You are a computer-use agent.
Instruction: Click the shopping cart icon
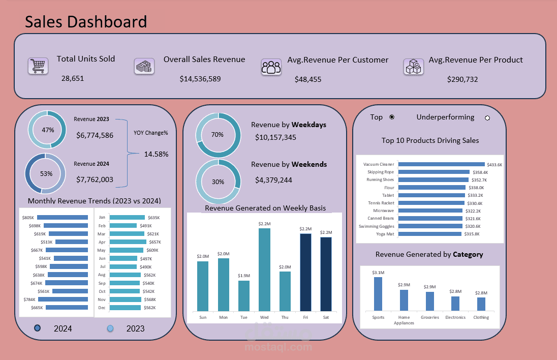pyautogui.click(x=38, y=66)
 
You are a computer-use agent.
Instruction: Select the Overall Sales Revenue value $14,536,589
pyautogui.click(x=200, y=79)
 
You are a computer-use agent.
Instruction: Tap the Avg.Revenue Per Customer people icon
pyautogui.click(x=271, y=67)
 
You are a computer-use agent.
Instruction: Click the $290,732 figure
pyautogui.click(x=462, y=79)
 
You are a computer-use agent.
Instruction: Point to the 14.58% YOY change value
pyautogui.click(x=156, y=154)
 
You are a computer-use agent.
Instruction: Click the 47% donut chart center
pyautogui.click(x=47, y=130)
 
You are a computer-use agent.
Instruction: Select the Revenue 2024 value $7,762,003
pyautogui.click(x=95, y=179)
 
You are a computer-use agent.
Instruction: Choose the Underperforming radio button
pyautogui.click(x=487, y=118)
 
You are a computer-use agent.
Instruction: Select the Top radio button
pyautogui.click(x=391, y=117)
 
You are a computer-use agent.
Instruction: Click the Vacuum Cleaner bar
pyautogui.click(x=441, y=164)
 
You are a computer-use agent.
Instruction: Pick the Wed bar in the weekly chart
pyautogui.click(x=264, y=269)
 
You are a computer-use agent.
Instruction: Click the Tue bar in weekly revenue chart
pyautogui.click(x=244, y=295)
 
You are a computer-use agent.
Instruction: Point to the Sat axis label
pyautogui.click(x=326, y=317)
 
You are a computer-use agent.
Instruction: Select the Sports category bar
pyautogui.click(x=378, y=294)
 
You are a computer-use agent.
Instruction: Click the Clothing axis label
pyautogui.click(x=481, y=317)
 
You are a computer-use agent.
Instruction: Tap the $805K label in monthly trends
pyautogui.click(x=28, y=218)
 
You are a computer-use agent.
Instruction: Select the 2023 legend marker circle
pyautogui.click(x=110, y=328)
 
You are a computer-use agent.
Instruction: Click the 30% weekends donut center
pyautogui.click(x=218, y=182)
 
